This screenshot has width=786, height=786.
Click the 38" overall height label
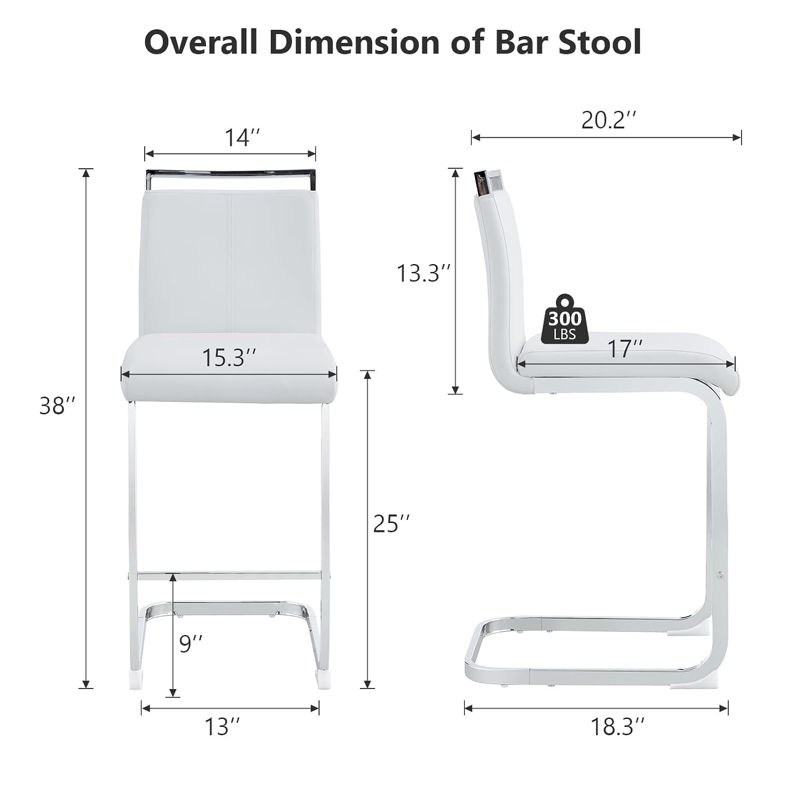58,406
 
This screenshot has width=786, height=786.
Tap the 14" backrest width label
243,138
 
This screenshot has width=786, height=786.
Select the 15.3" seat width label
230,358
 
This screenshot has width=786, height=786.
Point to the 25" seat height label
391,523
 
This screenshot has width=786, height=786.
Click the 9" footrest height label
191,643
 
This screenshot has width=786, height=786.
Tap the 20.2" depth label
609,121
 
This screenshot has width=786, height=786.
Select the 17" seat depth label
625,349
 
